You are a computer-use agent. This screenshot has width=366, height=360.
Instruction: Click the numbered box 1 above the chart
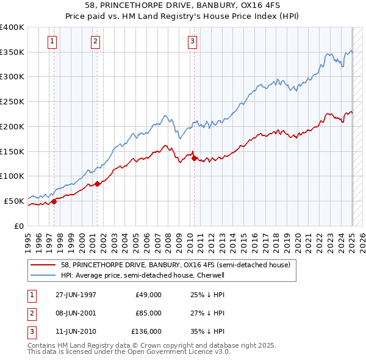pos(52,41)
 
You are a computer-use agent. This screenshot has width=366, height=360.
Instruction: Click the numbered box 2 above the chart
pos(96,41)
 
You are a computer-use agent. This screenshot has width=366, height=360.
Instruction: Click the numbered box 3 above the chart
pos(192,41)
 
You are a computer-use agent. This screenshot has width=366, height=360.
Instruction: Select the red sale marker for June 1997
pos(54,201)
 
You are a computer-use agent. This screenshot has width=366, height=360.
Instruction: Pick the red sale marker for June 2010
pos(194,158)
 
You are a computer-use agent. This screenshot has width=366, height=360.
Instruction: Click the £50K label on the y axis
pos(14,201)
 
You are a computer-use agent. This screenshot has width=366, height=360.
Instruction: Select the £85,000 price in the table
pos(148,313)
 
